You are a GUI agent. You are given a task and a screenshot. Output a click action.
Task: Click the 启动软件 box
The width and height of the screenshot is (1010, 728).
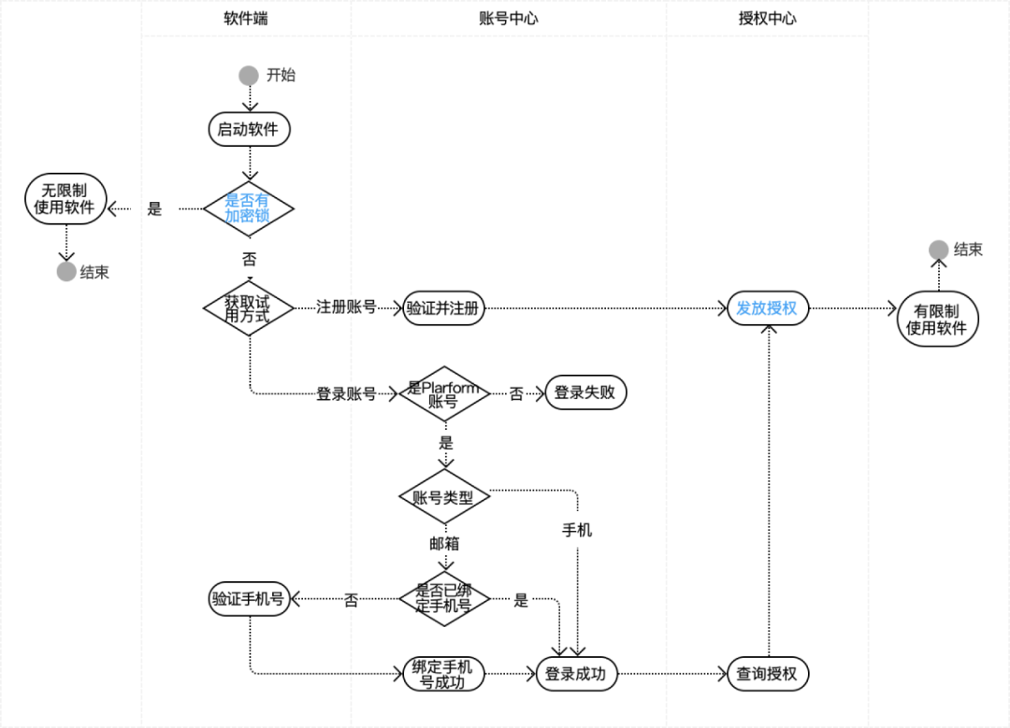249,129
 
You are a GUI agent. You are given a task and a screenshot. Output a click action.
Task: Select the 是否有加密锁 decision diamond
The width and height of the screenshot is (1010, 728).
249,207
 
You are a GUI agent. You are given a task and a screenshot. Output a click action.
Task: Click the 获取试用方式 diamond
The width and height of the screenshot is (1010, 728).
249,307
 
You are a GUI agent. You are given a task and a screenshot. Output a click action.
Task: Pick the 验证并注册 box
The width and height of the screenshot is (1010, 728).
444,308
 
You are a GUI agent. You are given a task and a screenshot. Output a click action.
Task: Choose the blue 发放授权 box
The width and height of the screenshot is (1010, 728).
767,307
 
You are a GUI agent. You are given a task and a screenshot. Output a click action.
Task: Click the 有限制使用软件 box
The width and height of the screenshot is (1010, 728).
938,319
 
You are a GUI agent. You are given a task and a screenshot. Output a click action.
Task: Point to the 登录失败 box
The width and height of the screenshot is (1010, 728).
585,393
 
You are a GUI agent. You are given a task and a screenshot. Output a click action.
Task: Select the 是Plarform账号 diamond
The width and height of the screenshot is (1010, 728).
444,393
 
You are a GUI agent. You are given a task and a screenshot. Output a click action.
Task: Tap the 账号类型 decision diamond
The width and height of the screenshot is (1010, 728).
444,498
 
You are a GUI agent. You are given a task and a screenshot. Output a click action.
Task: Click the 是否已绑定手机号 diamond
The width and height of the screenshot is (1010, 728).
444,599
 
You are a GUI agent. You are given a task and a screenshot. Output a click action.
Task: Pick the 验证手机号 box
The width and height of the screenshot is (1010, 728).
248,599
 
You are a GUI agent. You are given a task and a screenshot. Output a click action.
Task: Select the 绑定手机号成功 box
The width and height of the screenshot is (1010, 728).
444,674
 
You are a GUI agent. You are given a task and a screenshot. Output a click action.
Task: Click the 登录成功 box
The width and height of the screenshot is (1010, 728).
576,674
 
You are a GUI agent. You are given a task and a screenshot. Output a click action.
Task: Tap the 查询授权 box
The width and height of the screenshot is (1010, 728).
767,674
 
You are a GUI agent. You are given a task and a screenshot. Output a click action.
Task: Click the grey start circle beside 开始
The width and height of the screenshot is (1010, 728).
249,76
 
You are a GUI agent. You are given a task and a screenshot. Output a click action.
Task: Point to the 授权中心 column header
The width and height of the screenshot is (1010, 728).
767,18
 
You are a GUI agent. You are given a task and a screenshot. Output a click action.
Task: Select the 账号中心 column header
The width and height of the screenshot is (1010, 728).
509,18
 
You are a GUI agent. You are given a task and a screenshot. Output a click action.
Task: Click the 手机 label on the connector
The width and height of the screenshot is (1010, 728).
576,530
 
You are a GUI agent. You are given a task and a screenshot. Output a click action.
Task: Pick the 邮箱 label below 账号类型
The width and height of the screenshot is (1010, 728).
444,543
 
